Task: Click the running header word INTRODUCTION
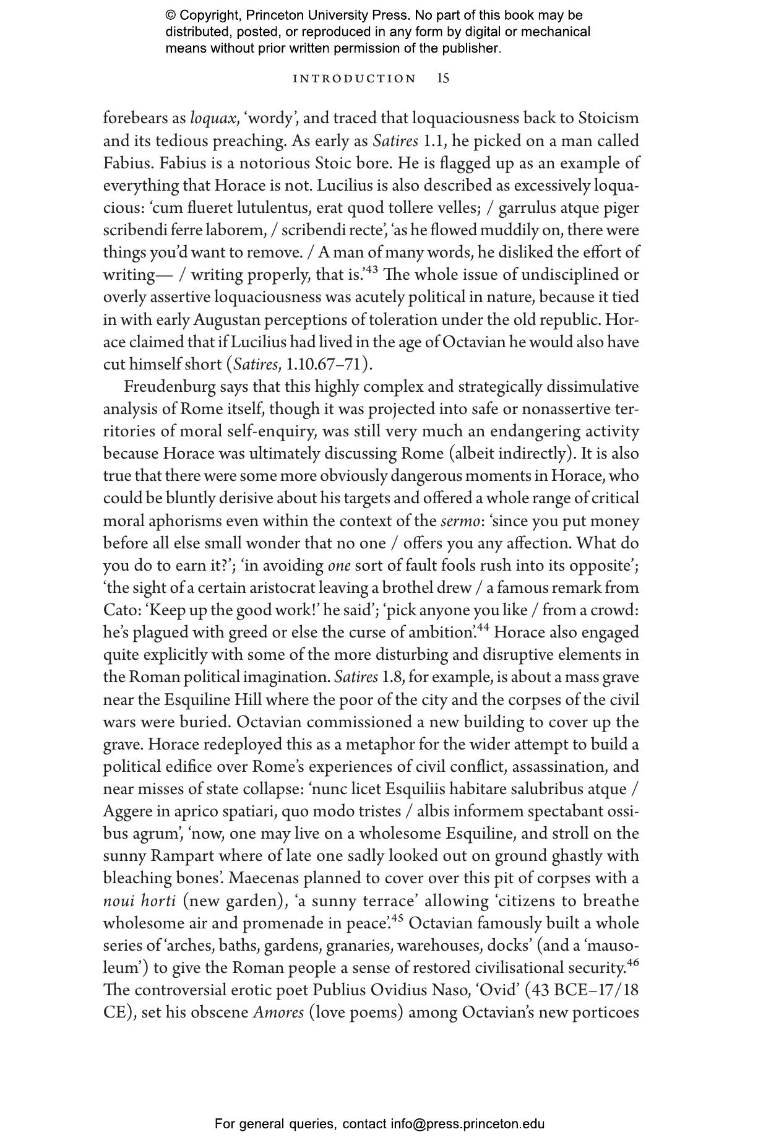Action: tap(355, 79)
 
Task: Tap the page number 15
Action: tap(443, 78)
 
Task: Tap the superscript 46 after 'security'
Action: tap(632, 962)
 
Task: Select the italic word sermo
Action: tap(459, 521)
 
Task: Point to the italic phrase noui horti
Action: tap(139, 901)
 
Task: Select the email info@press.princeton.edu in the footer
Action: tap(467, 1124)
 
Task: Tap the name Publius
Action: tap(338, 990)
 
